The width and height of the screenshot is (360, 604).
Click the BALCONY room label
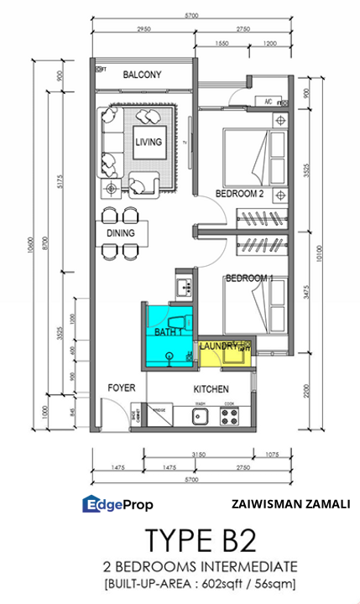coord(142,75)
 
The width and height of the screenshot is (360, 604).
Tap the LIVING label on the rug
coord(149,142)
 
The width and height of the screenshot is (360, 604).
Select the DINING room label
coord(120,232)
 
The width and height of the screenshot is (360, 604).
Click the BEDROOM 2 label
coord(239,194)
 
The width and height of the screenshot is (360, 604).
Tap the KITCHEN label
coord(211,390)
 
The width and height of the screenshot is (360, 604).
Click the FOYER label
coord(121,388)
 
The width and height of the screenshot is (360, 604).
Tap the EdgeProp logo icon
coord(91,504)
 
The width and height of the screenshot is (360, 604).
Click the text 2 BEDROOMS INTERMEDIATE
coord(196,566)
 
